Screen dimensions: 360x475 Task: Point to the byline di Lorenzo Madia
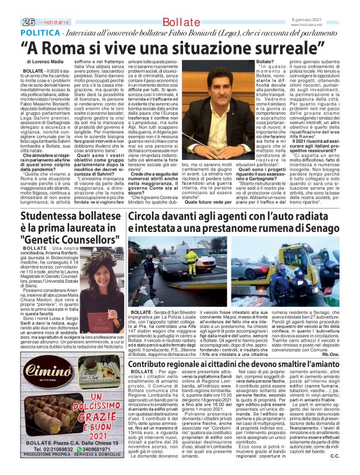point(47,63)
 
